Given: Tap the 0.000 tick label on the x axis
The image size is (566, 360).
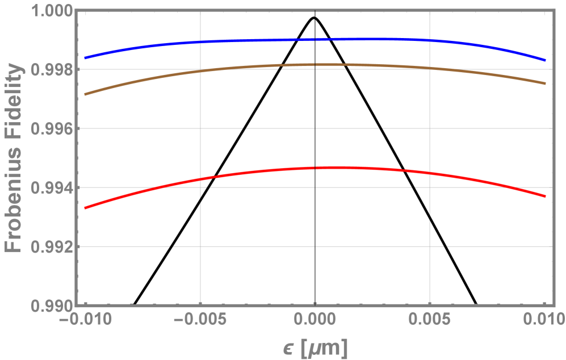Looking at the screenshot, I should point(315,321).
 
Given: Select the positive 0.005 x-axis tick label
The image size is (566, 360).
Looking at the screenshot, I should point(430,321).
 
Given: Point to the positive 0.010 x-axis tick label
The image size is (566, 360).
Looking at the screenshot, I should point(544,321).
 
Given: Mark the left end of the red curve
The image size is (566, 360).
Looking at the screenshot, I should point(85,208).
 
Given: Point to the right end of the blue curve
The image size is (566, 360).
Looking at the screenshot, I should point(545,60).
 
